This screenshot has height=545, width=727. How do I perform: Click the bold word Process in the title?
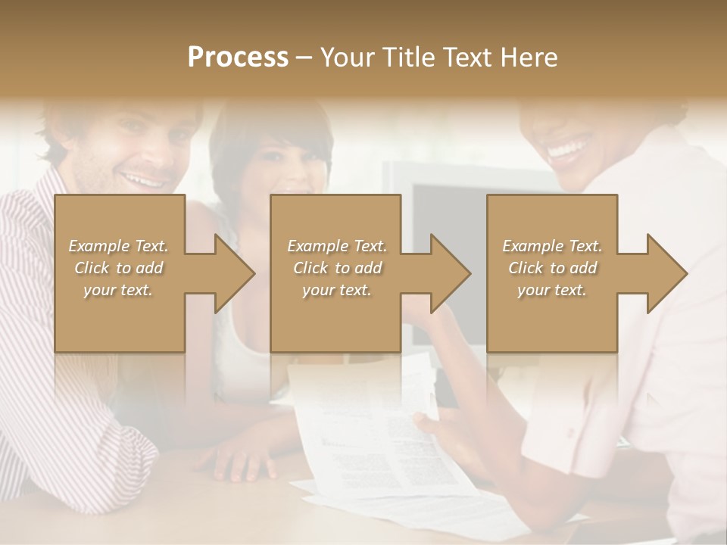pyautogui.click(x=238, y=58)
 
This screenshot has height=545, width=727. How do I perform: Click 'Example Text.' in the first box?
pyautogui.click(x=118, y=246)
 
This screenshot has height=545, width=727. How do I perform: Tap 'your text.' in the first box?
pyautogui.click(x=118, y=290)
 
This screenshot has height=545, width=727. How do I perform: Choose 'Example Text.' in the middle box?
pyautogui.click(x=336, y=246)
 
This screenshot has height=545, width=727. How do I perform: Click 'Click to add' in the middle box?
pyautogui.click(x=336, y=268)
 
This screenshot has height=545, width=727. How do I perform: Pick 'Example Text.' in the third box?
pyautogui.click(x=551, y=246)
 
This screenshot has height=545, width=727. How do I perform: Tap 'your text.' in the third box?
pyautogui.click(x=551, y=290)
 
